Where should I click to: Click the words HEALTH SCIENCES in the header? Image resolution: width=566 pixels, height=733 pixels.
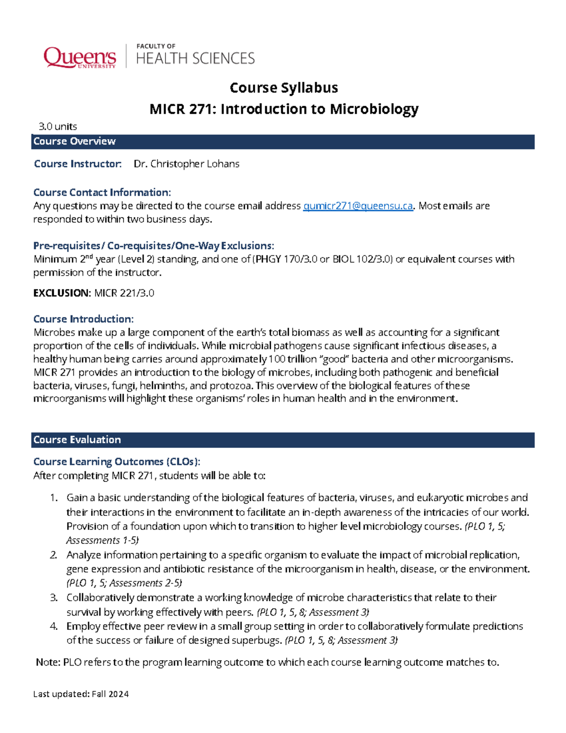click(195, 59)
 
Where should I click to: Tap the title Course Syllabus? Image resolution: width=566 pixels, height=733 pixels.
click(283, 88)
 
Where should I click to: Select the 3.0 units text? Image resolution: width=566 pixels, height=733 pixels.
click(58, 126)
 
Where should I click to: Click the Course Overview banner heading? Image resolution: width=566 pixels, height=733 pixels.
click(75, 142)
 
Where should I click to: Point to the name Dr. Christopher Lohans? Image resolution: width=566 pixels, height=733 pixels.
click(186, 164)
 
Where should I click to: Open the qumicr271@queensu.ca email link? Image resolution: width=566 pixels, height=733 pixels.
click(358, 206)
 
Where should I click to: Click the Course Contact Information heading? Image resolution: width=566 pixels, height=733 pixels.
click(102, 193)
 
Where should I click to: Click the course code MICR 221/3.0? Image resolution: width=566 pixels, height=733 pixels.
click(124, 293)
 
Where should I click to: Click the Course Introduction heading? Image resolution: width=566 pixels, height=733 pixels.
click(83, 319)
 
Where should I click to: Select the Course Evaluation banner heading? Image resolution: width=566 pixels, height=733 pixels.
click(77, 440)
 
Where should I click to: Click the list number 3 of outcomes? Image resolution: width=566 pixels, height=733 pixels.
click(54, 598)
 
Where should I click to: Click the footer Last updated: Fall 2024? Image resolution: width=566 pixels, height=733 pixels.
click(81, 694)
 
